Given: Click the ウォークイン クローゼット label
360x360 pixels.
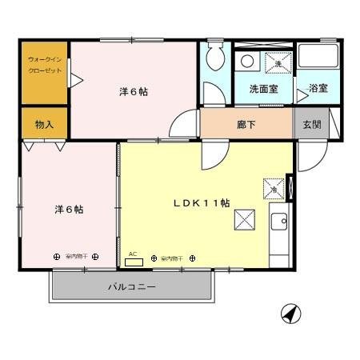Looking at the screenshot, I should pos(44,65).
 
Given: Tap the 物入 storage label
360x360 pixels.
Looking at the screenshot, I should pos(44,124).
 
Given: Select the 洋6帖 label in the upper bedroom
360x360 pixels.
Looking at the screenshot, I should pos(133,91).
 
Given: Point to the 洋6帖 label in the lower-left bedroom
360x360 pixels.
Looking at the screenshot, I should pos(69,209).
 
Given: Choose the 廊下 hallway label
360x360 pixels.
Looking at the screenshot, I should pos(246,124).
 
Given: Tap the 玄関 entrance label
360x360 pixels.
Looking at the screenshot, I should pos(310,124).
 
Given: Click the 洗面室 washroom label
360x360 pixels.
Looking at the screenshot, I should pos(263,89).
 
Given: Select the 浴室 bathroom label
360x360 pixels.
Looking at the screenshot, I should pos(318,88).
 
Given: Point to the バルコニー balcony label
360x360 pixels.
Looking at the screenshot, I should pos(132,286).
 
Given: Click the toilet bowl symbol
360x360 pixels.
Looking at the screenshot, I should pos(215,58).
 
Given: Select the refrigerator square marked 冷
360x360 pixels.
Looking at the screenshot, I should pos(274,189).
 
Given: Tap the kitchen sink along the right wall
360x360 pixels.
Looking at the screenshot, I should pos(280,221).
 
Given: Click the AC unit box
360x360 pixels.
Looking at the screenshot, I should pos(135,261).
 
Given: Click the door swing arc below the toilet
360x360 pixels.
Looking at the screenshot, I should pos(210,93).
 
